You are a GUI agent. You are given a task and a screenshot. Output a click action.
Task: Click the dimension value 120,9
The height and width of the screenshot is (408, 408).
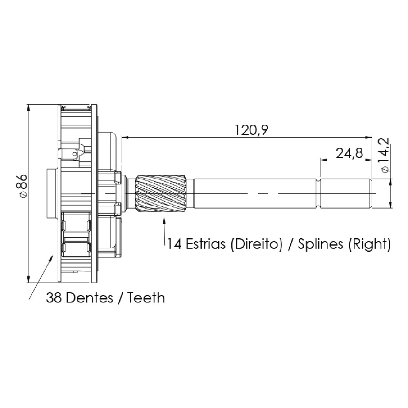pos(251,130)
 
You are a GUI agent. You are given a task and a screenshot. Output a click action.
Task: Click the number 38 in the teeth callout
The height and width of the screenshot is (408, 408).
pos(54,298)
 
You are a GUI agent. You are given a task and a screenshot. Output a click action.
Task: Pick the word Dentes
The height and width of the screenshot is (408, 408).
pos(90,298)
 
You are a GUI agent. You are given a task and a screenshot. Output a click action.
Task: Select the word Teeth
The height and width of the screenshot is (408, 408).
pos(146,298)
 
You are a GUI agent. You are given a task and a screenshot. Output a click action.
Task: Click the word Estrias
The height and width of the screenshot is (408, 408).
pos(205,244)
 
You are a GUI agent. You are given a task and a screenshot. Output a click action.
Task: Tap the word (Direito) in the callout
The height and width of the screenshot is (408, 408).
pos(256,244)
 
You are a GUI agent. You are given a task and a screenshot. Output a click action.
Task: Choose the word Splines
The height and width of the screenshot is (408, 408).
pos(320,244)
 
